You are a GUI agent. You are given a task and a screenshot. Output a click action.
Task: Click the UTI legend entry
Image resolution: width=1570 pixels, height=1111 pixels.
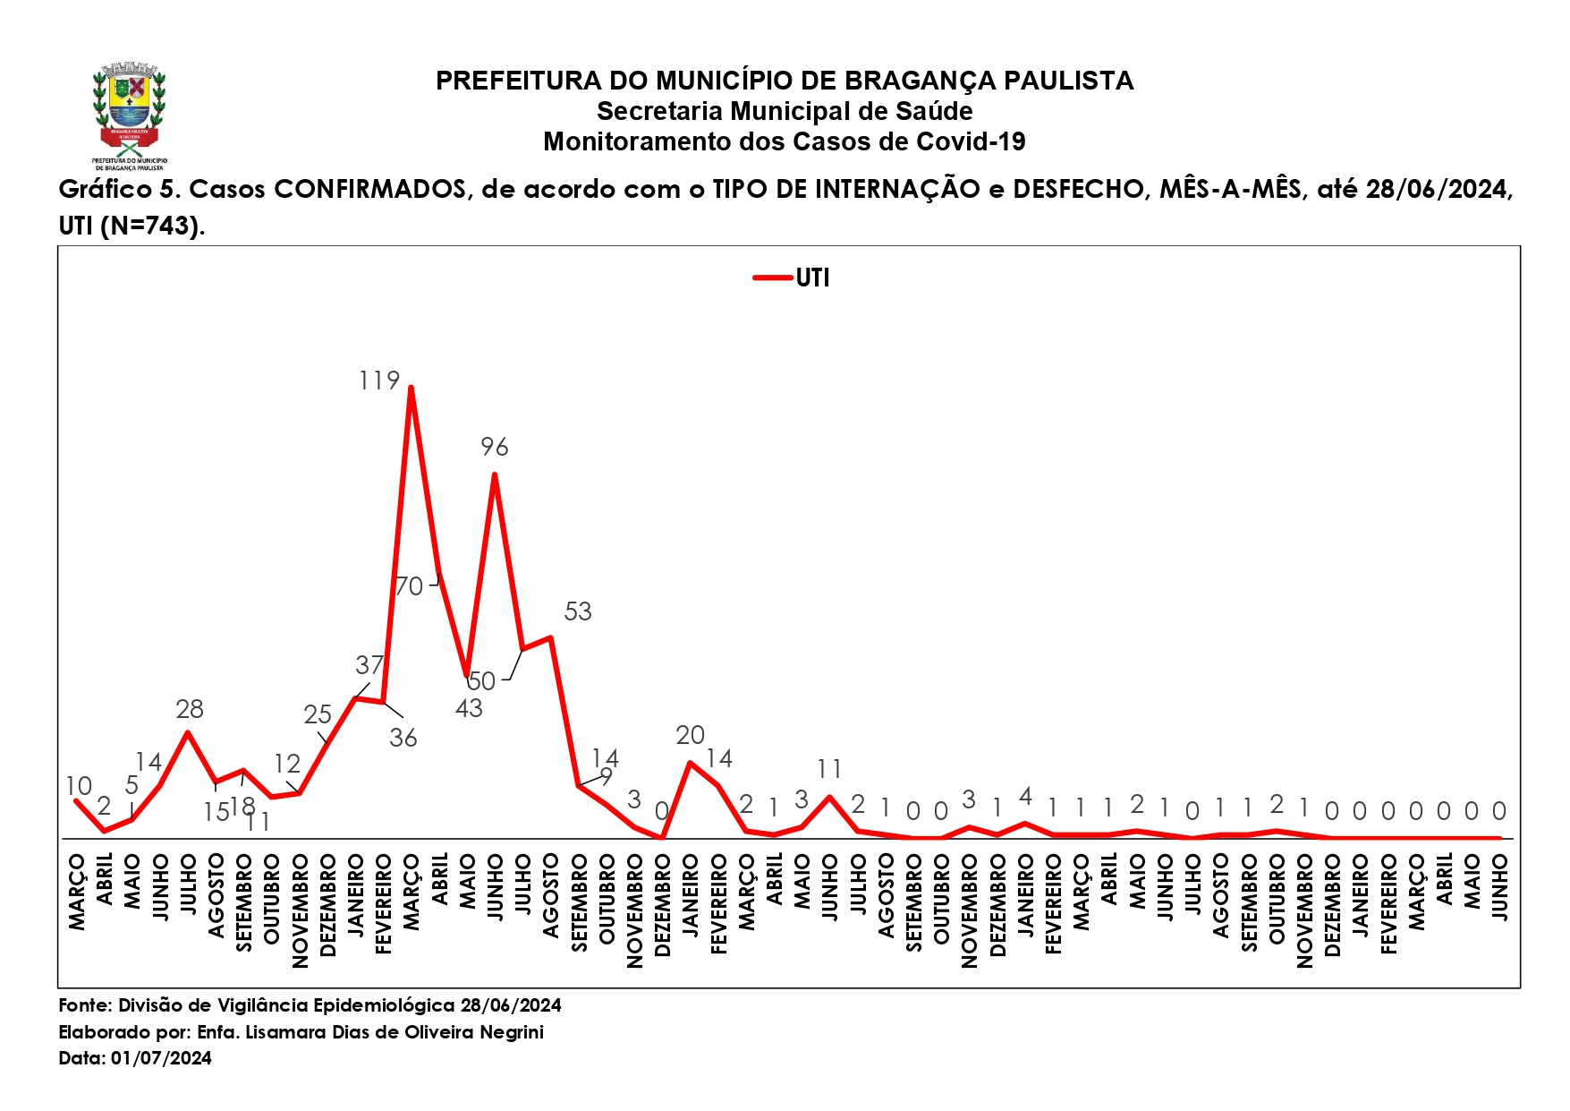point(793,278)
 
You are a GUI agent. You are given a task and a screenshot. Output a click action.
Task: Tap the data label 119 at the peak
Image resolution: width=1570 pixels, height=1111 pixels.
point(379,381)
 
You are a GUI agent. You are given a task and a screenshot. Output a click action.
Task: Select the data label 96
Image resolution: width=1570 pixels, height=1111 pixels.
point(495,447)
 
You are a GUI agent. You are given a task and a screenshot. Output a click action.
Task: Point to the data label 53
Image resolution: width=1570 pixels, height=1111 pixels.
point(578,611)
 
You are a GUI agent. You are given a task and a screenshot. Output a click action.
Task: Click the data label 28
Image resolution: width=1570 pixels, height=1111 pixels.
point(190,710)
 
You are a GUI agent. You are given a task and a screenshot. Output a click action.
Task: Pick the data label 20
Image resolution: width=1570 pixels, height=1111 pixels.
point(690,735)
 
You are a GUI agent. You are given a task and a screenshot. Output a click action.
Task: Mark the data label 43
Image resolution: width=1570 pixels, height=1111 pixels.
point(469,709)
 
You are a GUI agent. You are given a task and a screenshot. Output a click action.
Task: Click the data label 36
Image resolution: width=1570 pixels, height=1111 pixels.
point(403,738)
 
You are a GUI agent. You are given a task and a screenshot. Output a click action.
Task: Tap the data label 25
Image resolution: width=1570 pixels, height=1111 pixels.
point(318,714)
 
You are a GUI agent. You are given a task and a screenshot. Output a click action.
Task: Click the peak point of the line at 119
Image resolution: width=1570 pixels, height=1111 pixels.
point(411,388)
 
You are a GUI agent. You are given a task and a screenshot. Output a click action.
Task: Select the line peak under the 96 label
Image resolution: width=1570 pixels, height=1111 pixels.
point(495,474)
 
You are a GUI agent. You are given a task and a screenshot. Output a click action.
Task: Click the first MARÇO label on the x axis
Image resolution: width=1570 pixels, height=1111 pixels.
point(77,892)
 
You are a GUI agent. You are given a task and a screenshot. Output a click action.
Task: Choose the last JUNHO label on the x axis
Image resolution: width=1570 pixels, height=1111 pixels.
point(1500,886)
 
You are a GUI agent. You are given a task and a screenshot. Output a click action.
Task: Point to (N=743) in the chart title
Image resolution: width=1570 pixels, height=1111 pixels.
point(152,226)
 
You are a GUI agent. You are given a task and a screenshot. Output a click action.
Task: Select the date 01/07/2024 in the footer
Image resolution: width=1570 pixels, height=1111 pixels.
point(161,1058)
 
